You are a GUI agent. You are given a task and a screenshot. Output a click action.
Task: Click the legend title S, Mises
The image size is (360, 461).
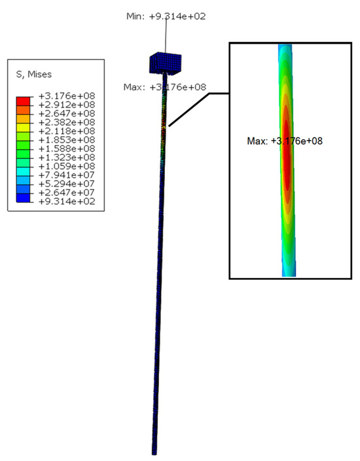point(34,75)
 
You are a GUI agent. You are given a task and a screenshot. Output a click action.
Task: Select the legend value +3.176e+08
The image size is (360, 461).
point(67,96)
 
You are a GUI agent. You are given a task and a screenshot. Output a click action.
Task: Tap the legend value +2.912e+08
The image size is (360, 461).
point(67,105)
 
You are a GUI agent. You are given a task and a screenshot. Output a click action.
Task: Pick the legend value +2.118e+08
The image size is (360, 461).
point(67,131)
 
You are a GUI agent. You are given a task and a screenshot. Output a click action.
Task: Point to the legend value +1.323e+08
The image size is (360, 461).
point(67,158)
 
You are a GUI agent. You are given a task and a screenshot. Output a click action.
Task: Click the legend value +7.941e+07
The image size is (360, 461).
point(67,175)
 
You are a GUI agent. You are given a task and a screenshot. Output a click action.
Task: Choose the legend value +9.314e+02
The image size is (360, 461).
point(67,201)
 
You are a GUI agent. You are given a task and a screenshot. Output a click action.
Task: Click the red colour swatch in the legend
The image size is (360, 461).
point(24,101)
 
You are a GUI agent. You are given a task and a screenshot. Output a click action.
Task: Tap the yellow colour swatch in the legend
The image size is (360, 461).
point(24,128)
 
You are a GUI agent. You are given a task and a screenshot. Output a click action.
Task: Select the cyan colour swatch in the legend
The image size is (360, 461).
point(24,172)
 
